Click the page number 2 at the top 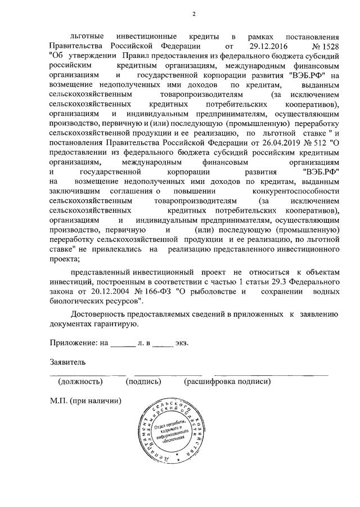tap(193, 14)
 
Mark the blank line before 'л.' tap(123, 344)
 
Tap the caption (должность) tap(80, 381)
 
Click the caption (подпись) tap(143, 381)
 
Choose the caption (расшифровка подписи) tap(227, 381)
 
